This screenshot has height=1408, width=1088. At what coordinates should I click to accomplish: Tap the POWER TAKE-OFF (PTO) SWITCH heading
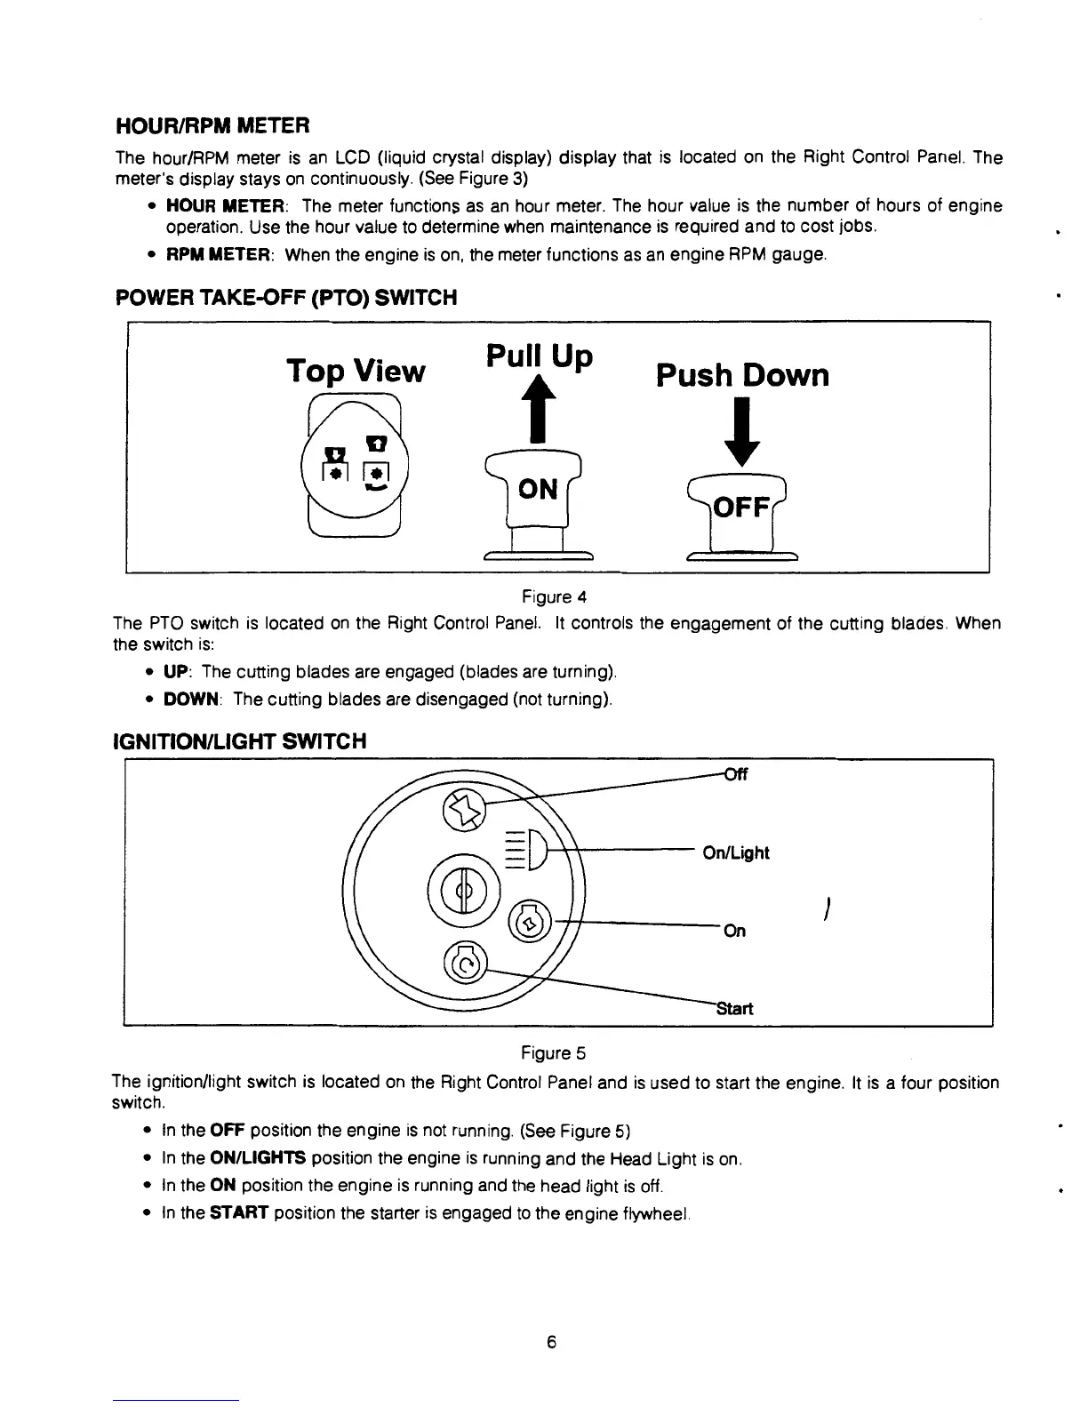click(286, 298)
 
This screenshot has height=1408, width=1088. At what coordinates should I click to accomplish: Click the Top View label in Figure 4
click(356, 370)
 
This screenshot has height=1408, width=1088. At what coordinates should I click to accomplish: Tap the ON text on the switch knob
click(538, 489)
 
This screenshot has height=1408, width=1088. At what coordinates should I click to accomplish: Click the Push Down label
click(742, 375)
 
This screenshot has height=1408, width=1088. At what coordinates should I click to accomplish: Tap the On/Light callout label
click(735, 853)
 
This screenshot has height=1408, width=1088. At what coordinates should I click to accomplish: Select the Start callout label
click(734, 1008)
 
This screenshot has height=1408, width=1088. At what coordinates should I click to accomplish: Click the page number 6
click(551, 1342)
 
